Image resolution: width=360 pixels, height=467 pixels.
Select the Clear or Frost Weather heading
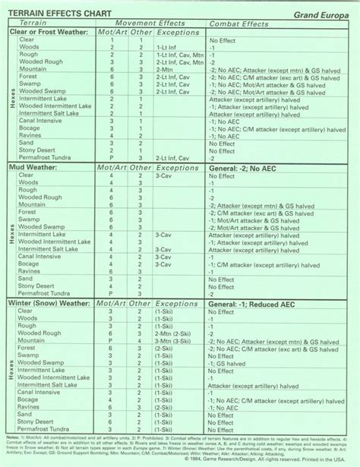click(50, 32)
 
